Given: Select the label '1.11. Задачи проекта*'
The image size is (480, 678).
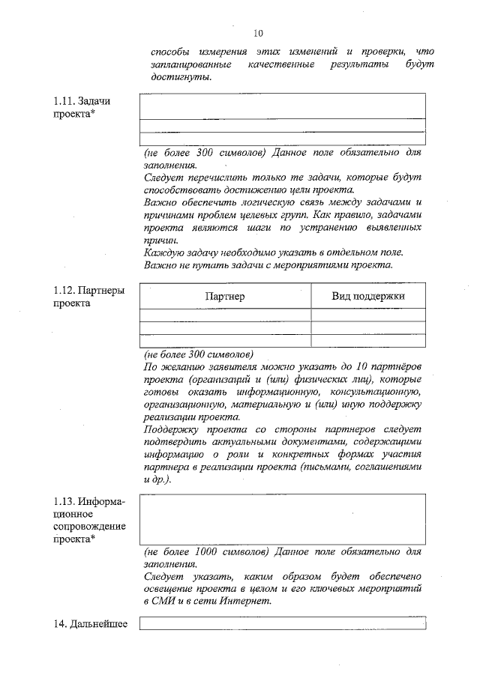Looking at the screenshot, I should [79, 107].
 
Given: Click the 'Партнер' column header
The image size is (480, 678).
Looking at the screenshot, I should [225, 296].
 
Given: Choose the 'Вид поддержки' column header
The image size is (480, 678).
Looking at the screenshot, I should [368, 296].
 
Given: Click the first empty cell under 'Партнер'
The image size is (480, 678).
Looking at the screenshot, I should [225, 315].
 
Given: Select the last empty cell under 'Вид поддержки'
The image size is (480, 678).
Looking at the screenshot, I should [368, 340].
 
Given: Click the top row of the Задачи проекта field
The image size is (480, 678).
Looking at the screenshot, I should [283, 106].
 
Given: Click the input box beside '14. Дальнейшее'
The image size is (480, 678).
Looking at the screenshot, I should [283, 624].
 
